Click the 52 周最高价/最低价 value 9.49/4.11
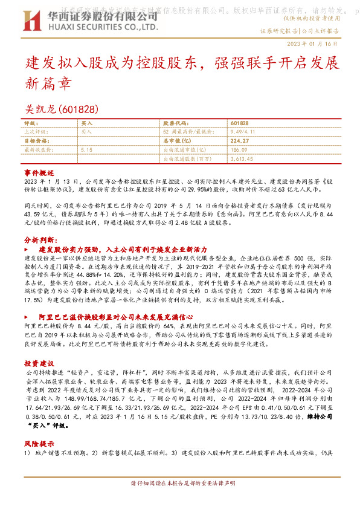243,131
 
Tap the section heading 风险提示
39,444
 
